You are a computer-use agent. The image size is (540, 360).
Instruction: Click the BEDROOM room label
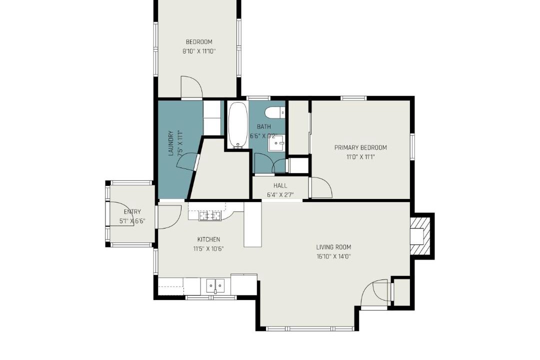tap(199, 42)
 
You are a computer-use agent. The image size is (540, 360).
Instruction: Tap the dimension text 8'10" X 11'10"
tap(199, 51)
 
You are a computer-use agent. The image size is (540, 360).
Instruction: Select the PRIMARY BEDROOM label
tap(360, 148)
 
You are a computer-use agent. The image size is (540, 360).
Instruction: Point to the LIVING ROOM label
tap(333, 247)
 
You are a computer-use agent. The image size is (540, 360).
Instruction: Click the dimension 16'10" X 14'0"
tap(333, 256)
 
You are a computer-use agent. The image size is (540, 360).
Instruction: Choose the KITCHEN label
tap(208, 239)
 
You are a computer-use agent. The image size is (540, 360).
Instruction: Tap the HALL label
tap(280, 185)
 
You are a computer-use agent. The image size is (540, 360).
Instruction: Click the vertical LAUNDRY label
tap(171, 143)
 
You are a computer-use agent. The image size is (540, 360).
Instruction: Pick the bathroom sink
tap(276, 142)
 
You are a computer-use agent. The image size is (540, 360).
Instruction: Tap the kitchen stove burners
tap(210, 216)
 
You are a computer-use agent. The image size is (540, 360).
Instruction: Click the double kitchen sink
tap(215, 285)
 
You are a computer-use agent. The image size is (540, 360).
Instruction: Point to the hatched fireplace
tap(420, 236)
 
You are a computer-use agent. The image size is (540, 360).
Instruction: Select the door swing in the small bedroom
tap(191, 87)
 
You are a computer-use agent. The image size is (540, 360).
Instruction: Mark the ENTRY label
tap(132, 212)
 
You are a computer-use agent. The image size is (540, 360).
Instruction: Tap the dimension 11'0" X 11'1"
tap(360, 157)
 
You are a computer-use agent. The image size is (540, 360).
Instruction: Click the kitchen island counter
tap(253, 224)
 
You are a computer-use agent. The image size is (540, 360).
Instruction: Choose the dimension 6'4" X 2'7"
tap(280, 195)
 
